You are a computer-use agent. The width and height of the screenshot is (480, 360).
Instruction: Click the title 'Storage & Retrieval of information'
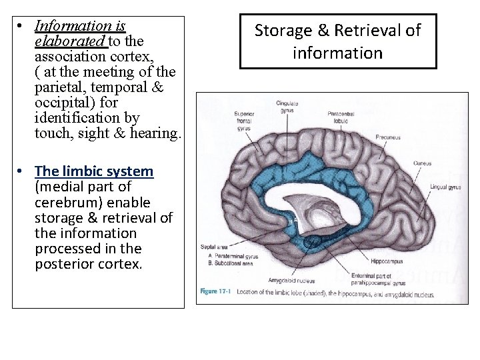point(338,41)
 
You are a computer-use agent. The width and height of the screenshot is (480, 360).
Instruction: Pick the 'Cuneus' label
point(421,163)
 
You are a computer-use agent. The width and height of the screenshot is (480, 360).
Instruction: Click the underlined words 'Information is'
point(80,26)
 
